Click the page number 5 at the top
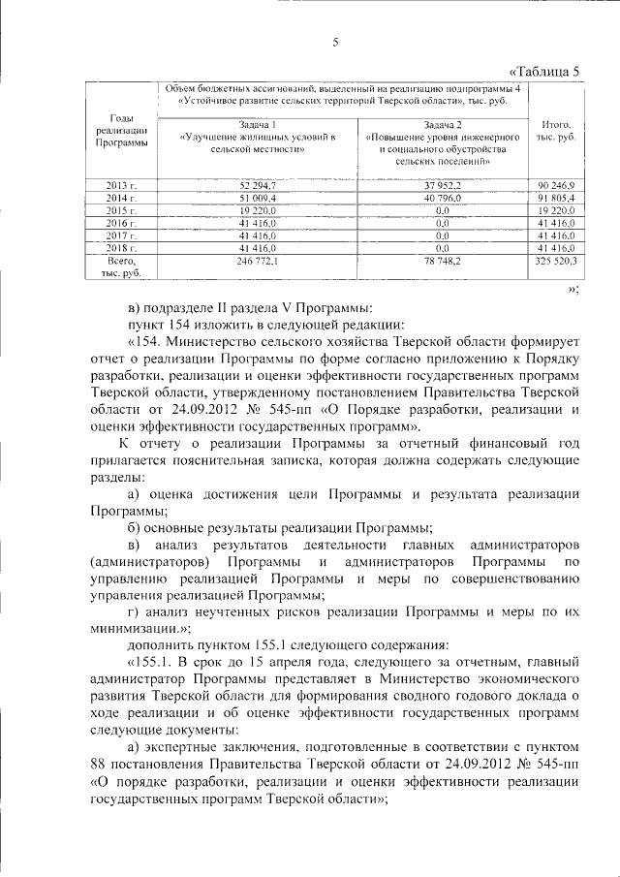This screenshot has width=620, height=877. click(335, 41)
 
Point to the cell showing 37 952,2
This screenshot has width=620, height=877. click(443, 184)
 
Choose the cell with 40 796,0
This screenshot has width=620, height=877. click(443, 198)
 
